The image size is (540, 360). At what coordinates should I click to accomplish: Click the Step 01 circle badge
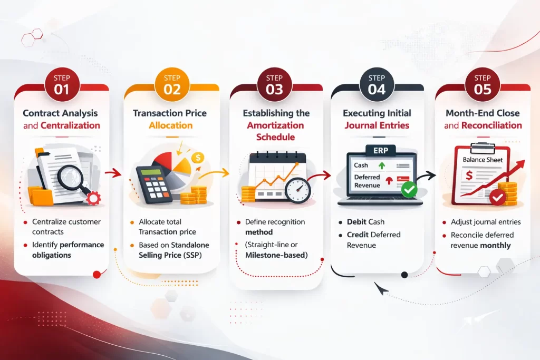(61, 84)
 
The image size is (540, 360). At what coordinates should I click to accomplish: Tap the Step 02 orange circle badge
(172, 84)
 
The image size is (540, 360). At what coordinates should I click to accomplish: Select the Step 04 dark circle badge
(377, 84)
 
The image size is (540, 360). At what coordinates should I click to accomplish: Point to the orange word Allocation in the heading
(170, 125)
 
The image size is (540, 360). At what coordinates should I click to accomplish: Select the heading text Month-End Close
(483, 113)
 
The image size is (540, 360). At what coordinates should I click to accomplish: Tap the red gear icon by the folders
(93, 198)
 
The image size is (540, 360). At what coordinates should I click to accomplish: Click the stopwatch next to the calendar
(296, 188)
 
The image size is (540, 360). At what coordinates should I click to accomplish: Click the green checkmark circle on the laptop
(409, 190)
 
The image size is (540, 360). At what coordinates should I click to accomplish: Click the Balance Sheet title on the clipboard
(482, 160)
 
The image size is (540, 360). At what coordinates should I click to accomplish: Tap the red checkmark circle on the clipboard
(496, 198)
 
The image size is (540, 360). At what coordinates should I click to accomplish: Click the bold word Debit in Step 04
(358, 222)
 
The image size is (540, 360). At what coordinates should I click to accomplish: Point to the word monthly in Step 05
(496, 246)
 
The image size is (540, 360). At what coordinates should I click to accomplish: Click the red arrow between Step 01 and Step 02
(112, 172)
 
